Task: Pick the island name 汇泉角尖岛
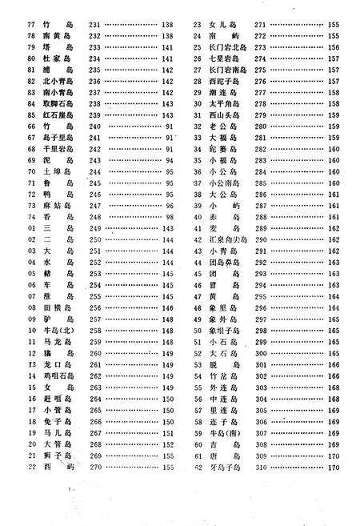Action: pyautogui.click(x=226, y=239)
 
